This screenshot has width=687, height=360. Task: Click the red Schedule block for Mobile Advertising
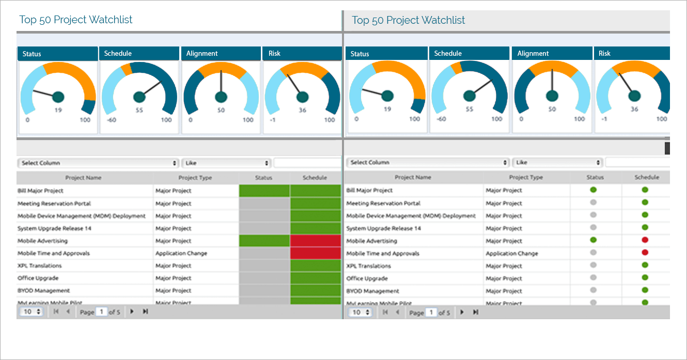pyautogui.click(x=315, y=241)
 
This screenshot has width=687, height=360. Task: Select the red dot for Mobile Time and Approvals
pyautogui.click(x=645, y=253)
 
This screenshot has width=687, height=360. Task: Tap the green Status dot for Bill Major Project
pyautogui.click(x=593, y=190)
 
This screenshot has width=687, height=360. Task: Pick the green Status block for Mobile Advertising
pyautogui.click(x=264, y=241)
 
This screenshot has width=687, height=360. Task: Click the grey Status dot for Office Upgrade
pyautogui.click(x=593, y=278)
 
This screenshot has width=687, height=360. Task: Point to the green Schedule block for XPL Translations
pyautogui.click(x=315, y=265)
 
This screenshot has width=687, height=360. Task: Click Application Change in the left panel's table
pyautogui.click(x=181, y=254)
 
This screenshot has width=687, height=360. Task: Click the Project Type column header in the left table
pyautogui.click(x=195, y=178)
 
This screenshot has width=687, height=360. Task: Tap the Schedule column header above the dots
pyautogui.click(x=647, y=177)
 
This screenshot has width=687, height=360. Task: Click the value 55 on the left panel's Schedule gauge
pyautogui.click(x=139, y=111)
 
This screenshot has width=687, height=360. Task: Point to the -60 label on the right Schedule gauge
pyautogui.click(x=441, y=119)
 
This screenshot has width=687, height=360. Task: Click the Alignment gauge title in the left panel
pyautogui.click(x=202, y=53)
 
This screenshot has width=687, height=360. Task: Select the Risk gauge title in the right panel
pyautogui.click(x=604, y=53)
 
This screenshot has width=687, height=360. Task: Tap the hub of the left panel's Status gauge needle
pyautogui.click(x=58, y=97)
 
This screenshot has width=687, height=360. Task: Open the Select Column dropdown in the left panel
pyautogui.click(x=98, y=163)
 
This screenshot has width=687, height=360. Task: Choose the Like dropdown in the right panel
pyautogui.click(x=558, y=162)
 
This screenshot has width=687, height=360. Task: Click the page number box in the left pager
pyautogui.click(x=102, y=312)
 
